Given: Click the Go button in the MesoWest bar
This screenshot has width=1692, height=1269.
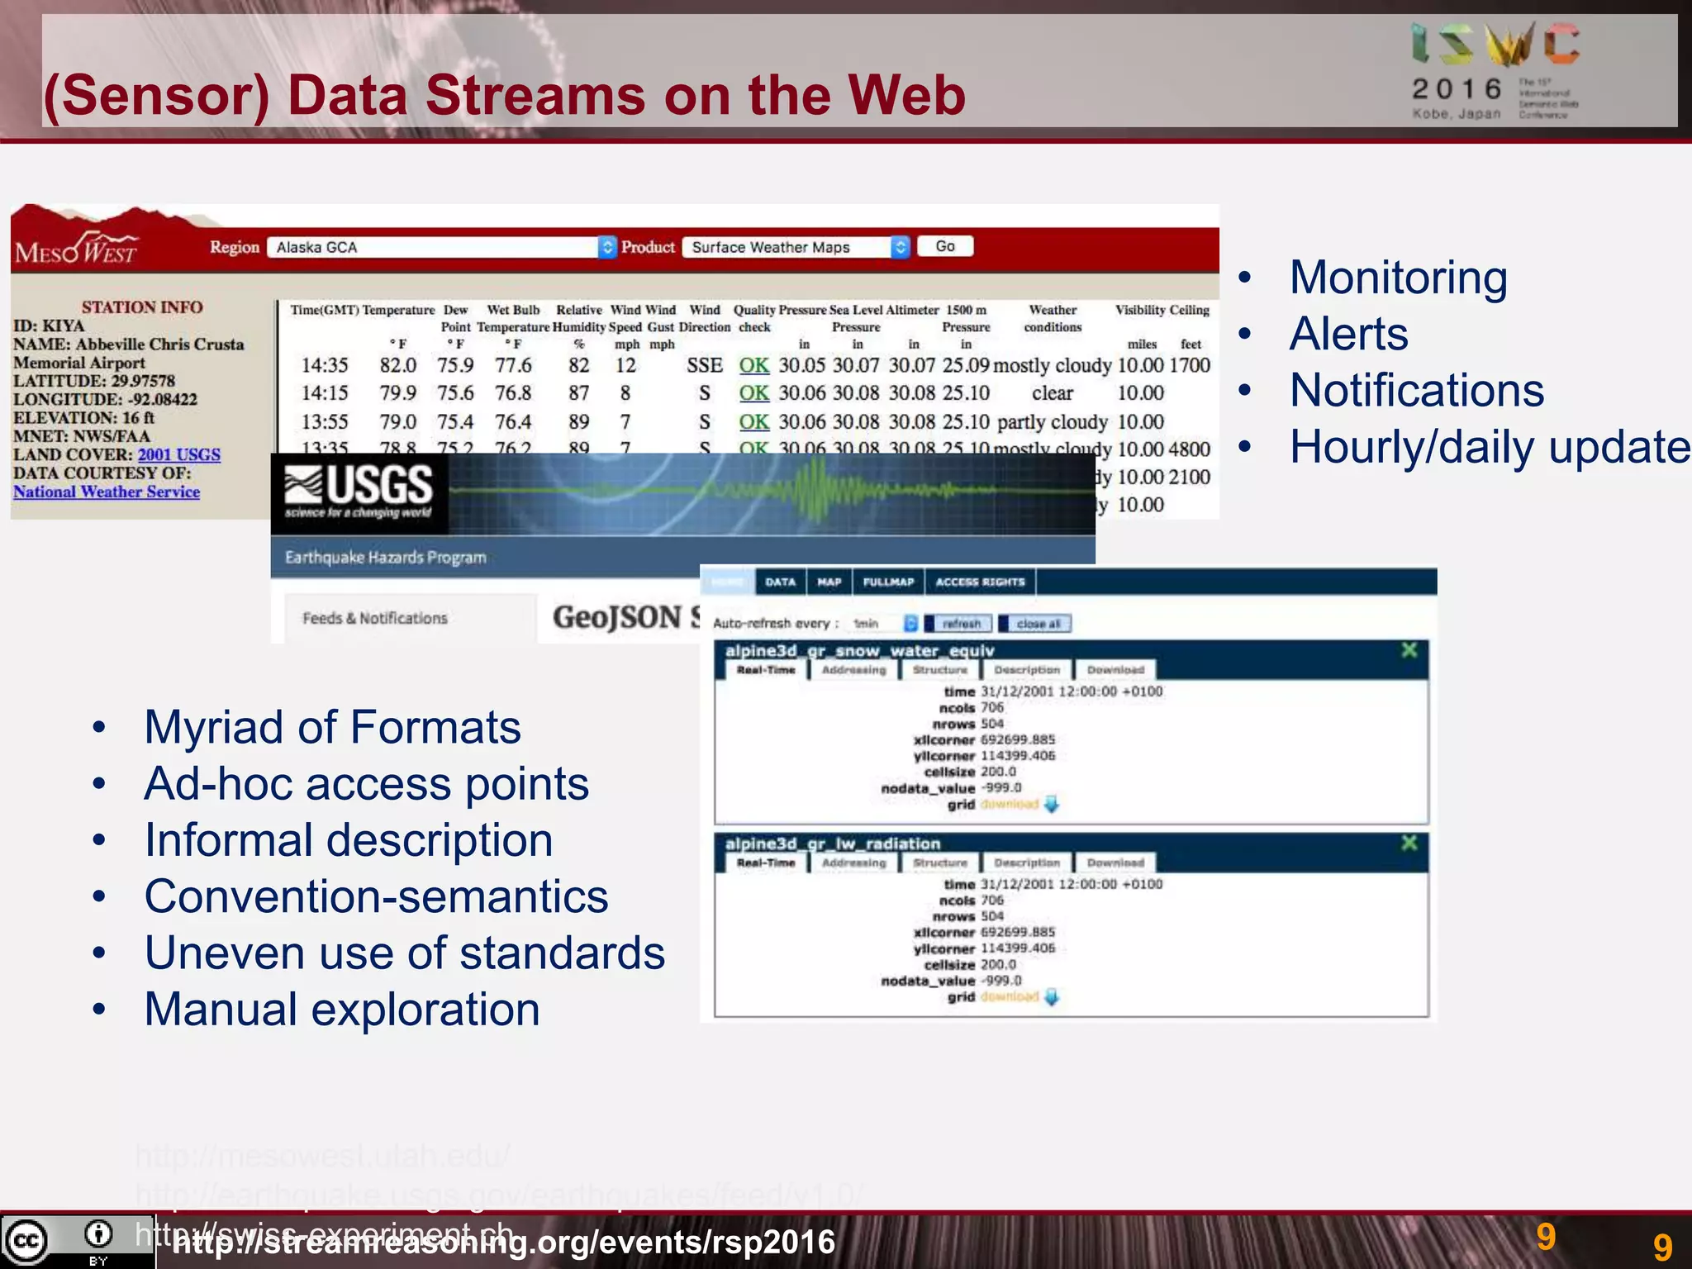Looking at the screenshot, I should coord(945,246).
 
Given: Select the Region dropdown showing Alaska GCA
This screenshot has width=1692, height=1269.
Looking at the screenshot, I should coord(442,247).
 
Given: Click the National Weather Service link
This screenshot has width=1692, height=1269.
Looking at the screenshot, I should coord(107,492).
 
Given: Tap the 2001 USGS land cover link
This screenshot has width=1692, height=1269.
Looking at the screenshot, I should coord(178,454).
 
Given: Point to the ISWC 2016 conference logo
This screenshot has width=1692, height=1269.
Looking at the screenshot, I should coord(1495,71).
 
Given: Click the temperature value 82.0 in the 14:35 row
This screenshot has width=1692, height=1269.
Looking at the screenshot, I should coord(397,365).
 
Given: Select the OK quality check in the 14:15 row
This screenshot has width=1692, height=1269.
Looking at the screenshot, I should coord(753,393).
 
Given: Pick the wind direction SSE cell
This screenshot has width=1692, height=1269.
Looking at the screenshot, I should coord(704,365).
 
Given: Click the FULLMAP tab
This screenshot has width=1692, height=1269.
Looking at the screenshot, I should coord(888,582).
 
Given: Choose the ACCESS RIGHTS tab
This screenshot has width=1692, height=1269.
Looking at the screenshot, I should coord(980,582).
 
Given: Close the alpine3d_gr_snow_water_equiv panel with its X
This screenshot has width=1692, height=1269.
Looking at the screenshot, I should coord(1409,650).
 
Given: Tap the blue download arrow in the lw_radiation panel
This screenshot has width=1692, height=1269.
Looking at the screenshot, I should coord(1052,997).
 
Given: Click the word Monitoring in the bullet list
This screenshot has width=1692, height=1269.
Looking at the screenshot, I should coord(1398,278).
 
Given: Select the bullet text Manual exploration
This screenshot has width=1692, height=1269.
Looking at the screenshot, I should coord(342,1009).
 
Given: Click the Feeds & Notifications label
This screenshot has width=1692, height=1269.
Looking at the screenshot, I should coord(374,618).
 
